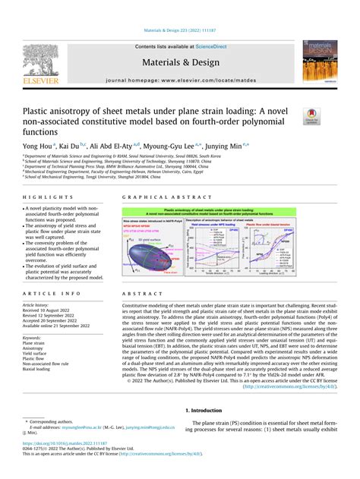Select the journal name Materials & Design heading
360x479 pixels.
point(179,62)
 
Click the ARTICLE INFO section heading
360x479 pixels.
point(54,293)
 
